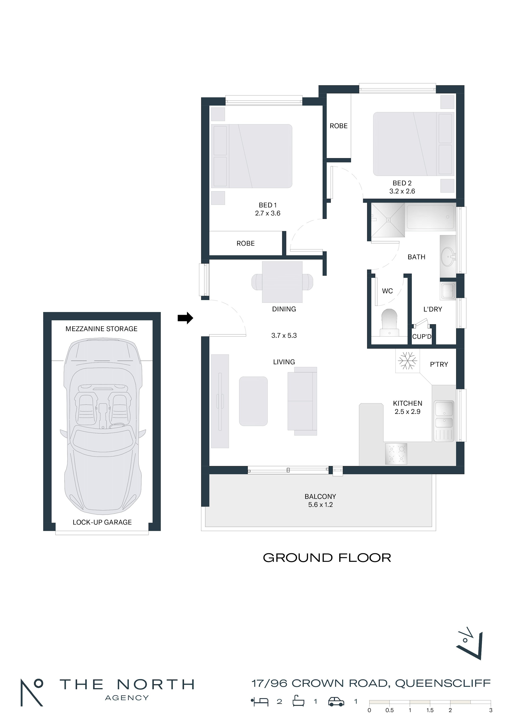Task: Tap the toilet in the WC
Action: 389,322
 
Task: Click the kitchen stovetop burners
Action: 396,454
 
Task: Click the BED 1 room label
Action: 268,205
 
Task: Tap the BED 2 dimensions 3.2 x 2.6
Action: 402,191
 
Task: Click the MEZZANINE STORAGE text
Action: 102,329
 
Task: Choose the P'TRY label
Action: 439,364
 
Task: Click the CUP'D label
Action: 422,337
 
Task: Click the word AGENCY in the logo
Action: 127,698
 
